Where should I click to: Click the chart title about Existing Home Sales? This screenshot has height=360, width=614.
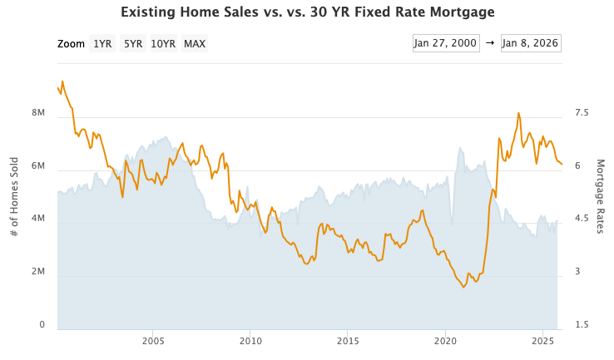(307, 12)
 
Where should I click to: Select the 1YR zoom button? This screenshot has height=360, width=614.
(102, 44)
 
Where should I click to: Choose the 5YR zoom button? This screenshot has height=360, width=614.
(132, 44)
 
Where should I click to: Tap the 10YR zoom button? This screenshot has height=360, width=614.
(163, 44)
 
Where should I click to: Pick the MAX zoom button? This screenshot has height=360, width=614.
(195, 44)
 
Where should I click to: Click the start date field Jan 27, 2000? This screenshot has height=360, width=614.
(446, 43)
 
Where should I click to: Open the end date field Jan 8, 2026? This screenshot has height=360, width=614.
(530, 43)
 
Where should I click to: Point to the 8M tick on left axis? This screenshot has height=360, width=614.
(37, 113)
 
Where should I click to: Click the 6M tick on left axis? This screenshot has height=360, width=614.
(37, 166)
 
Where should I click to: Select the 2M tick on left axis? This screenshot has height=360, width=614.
(37, 273)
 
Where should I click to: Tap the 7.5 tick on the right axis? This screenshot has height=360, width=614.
(581, 113)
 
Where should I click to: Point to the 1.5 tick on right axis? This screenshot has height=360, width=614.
(581, 325)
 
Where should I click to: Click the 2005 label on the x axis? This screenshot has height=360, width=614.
(152, 341)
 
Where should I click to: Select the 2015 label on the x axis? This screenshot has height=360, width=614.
(348, 341)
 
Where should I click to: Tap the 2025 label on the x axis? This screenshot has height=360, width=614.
(542, 341)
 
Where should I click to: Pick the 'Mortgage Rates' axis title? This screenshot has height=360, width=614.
(600, 196)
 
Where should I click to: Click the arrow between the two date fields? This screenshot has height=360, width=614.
(490, 43)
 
